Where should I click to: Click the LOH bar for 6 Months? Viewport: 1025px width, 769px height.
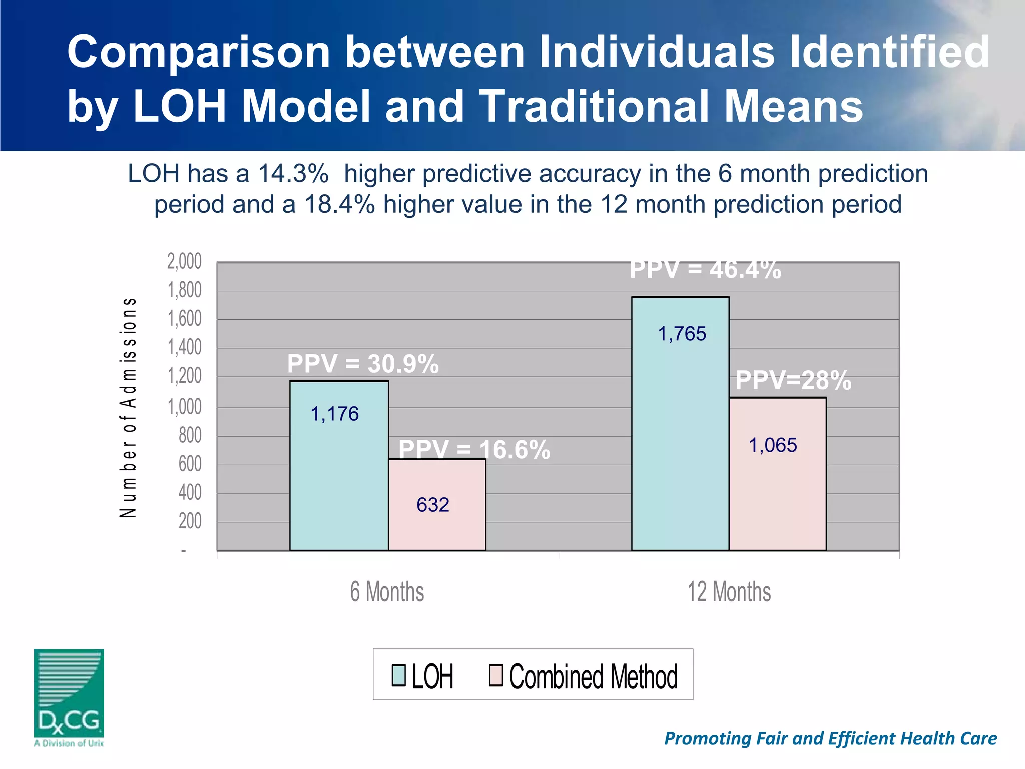(x=339, y=466)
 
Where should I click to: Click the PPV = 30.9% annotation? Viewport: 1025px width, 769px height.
(x=363, y=363)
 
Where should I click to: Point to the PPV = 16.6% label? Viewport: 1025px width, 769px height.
(x=474, y=449)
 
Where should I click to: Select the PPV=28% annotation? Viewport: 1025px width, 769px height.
(x=793, y=380)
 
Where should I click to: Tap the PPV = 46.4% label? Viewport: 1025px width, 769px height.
(x=705, y=270)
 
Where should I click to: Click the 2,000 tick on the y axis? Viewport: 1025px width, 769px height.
(x=184, y=261)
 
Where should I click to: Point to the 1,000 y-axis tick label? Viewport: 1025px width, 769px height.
(x=184, y=406)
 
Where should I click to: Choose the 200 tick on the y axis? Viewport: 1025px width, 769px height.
(x=190, y=521)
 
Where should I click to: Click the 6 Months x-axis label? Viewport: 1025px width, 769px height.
(x=387, y=591)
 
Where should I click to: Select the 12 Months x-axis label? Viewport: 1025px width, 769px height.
(x=729, y=591)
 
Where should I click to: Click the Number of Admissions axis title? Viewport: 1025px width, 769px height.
(x=128, y=408)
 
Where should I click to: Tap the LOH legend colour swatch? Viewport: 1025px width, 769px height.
(x=398, y=675)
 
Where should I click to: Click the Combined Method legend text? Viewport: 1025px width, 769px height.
(x=593, y=676)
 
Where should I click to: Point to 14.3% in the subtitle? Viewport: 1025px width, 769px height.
(x=293, y=174)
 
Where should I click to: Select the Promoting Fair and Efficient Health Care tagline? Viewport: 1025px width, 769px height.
(x=830, y=738)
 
